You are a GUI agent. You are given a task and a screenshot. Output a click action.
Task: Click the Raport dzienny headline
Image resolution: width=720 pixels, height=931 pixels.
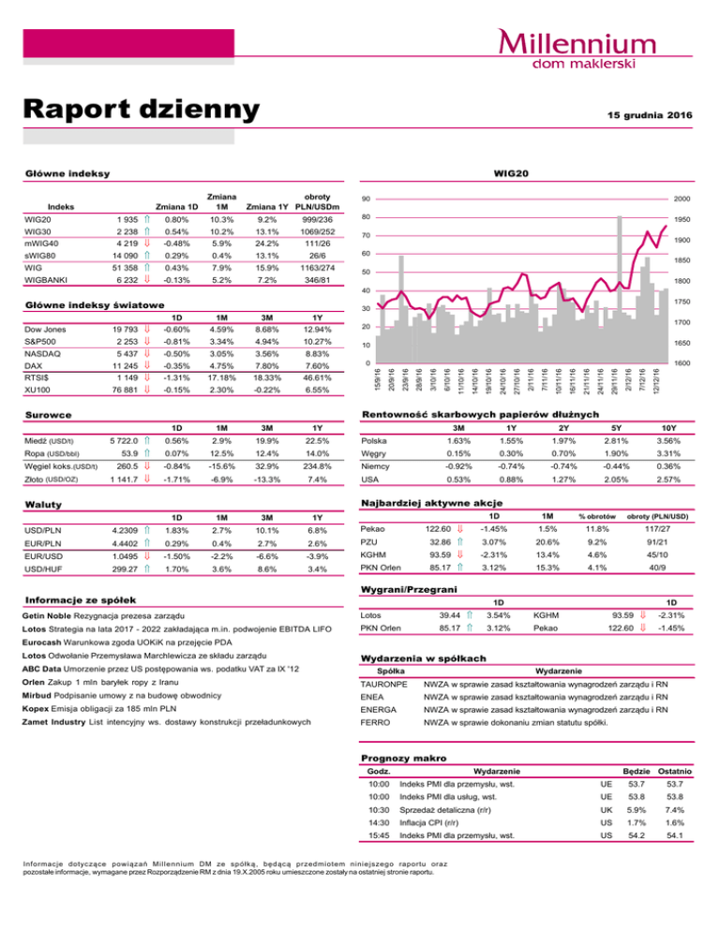(x=140, y=110)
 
